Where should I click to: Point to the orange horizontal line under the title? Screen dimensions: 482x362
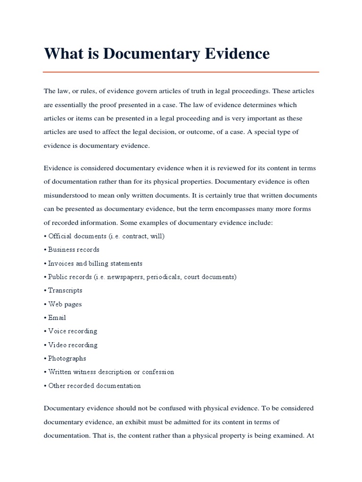[181, 72]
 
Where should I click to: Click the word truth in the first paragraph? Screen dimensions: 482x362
[193, 91]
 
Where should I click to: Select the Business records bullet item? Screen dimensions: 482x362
[74, 249]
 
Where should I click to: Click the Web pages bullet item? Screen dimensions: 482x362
[65, 304]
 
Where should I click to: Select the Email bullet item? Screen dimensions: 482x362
[57, 318]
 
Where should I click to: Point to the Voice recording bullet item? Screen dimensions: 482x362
[73, 331]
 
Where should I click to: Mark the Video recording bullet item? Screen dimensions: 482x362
[73, 345]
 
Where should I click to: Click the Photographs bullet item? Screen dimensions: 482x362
[67, 358]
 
